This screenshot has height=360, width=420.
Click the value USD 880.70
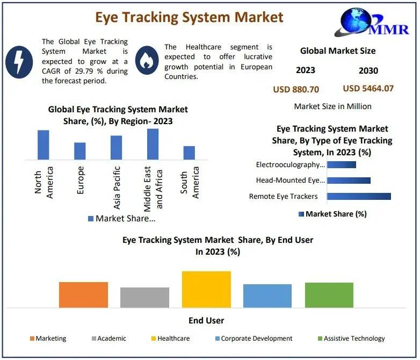pyautogui.click(x=296, y=89)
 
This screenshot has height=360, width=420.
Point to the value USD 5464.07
pyautogui.click(x=368, y=88)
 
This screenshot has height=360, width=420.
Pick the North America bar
pyautogui.click(x=44, y=145)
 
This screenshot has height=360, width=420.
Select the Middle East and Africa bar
pyautogui.click(x=153, y=144)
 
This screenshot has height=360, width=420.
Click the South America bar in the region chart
pyautogui.click(x=189, y=153)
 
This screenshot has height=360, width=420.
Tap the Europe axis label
pyautogui.click(x=80, y=180)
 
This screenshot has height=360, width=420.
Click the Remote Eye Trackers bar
pyautogui.click(x=359, y=196)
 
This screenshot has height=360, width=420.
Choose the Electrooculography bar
pyautogui.click(x=342, y=164)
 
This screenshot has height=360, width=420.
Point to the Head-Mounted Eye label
pyautogui.click(x=291, y=181)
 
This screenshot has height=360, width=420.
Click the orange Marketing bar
pyautogui.click(x=83, y=294)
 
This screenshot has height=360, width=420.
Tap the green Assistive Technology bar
pyautogui.click(x=329, y=294)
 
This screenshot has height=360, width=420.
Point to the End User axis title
pyautogui.click(x=206, y=321)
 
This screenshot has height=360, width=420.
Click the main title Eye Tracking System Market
pyautogui.click(x=189, y=17)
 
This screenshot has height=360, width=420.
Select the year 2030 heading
pyautogui.click(x=368, y=70)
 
